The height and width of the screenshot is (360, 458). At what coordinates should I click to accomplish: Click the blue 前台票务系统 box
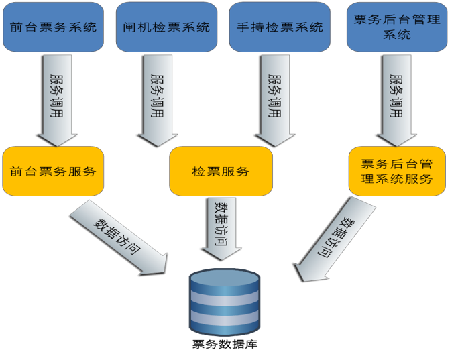pyautogui.click(x=54, y=27)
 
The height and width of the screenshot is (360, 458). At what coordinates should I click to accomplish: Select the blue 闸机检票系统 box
pyautogui.click(x=167, y=27)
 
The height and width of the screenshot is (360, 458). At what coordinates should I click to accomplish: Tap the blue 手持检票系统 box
pyautogui.click(x=280, y=27)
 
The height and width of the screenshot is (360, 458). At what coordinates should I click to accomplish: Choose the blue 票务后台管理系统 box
pyautogui.click(x=397, y=27)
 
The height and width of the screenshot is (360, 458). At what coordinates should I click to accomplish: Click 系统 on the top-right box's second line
pyautogui.click(x=397, y=35)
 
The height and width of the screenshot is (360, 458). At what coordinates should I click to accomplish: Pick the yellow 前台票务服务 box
pyautogui.click(x=54, y=171)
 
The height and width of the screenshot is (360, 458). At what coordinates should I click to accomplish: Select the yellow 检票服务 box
pyautogui.click(x=221, y=172)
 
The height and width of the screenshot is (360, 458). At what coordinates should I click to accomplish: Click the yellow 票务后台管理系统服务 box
pyautogui.click(x=397, y=171)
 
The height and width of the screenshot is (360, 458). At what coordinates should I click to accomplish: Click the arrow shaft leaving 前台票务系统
pyautogui.click(x=57, y=87)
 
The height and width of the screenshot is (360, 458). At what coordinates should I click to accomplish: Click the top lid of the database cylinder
pyautogui.click(x=224, y=277)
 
